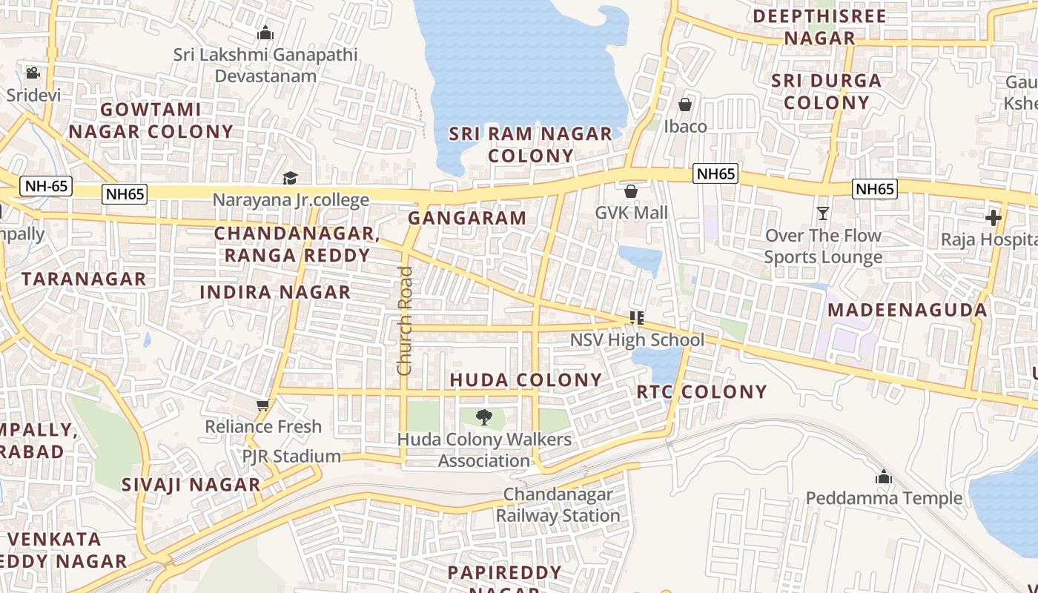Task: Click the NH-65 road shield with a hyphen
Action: pyautogui.click(x=46, y=186)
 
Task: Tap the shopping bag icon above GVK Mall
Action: pyautogui.click(x=631, y=191)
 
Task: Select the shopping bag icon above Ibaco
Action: pyautogui.click(x=685, y=105)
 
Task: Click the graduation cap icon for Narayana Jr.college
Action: pyautogui.click(x=290, y=179)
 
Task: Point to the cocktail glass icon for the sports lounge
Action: pyautogui.click(x=823, y=213)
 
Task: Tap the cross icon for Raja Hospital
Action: pyautogui.click(x=994, y=218)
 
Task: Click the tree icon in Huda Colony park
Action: pyautogui.click(x=483, y=417)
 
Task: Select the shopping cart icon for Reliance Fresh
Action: pyautogui.click(x=262, y=405)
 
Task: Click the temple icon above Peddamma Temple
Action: pyautogui.click(x=883, y=477)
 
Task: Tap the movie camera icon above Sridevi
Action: pyautogui.click(x=33, y=73)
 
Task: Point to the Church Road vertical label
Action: pyautogui.click(x=404, y=320)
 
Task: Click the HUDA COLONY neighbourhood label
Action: pyautogui.click(x=526, y=380)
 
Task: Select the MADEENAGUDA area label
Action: pyautogui.click(x=907, y=310)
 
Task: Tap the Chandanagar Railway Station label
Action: pyautogui.click(x=558, y=505)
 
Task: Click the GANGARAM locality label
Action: pyautogui.click(x=467, y=218)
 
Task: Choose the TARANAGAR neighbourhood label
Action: pyautogui.click(x=84, y=279)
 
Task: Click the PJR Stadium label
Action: pyautogui.click(x=292, y=456)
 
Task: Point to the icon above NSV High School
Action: pyautogui.click(x=636, y=318)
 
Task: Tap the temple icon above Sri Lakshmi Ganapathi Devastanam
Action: pyautogui.click(x=265, y=33)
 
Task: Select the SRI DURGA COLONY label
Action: pyautogui.click(x=826, y=91)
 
